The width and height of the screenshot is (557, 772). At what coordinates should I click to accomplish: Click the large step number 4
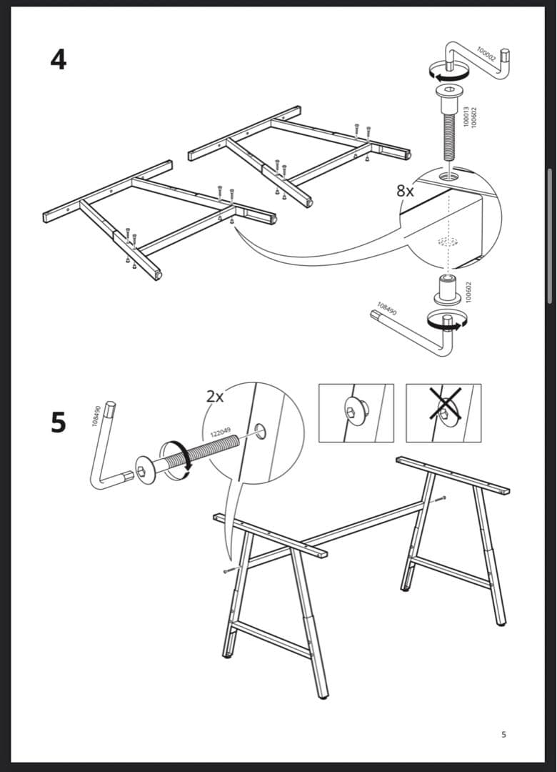pyautogui.click(x=58, y=59)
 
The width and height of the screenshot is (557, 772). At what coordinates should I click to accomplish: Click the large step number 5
pyautogui.click(x=58, y=422)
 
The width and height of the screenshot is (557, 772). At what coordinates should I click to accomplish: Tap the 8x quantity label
pyautogui.click(x=405, y=191)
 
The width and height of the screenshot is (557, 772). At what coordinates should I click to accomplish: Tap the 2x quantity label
pyautogui.click(x=215, y=396)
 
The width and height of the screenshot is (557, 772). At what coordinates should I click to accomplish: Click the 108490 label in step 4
pyautogui.click(x=387, y=309)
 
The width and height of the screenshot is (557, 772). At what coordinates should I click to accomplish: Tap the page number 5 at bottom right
pyautogui.click(x=503, y=734)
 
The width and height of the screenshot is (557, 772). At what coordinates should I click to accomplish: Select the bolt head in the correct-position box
pyautogui.click(x=354, y=410)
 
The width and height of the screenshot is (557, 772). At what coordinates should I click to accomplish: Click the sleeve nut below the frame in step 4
pyautogui.click(x=447, y=287)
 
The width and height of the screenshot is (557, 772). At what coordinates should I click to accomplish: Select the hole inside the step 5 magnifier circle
pyautogui.click(x=261, y=431)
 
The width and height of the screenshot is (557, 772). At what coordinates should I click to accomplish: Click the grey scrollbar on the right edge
pyautogui.click(x=549, y=236)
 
